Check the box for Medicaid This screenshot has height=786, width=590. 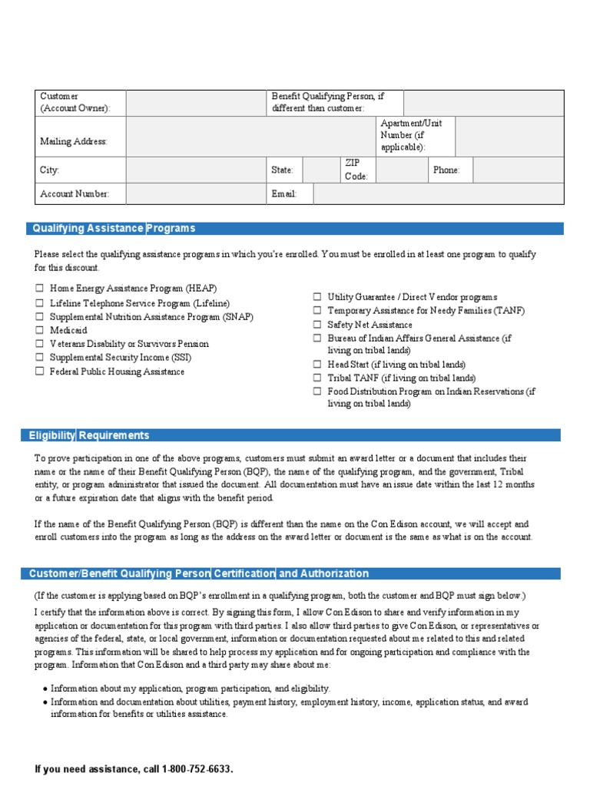39,330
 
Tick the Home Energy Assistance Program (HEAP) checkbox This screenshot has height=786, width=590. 39,289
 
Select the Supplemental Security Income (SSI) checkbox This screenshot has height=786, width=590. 39,358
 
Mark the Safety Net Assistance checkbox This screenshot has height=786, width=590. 317,325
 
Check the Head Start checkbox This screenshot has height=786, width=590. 317,365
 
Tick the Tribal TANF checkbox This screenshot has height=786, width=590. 317,378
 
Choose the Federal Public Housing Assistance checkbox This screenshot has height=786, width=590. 39,372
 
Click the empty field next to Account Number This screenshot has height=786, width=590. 196,194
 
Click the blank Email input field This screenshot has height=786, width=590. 438,194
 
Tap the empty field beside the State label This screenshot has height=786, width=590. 321,170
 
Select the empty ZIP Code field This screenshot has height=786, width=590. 401,170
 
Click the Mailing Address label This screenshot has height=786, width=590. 74,141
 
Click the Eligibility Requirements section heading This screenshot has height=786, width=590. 89,435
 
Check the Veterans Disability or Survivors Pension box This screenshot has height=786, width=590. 39,344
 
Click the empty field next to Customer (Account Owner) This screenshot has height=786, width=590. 196,103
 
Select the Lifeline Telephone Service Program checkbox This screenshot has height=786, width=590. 39,303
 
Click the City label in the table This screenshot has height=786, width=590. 50,170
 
